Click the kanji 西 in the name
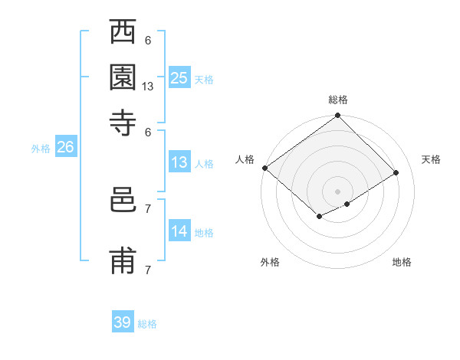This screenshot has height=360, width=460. point(123,34)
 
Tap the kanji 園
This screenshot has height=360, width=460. point(123,77)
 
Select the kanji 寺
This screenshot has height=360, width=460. point(123,122)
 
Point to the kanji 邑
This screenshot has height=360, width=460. point(123,201)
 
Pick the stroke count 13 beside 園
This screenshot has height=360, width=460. point(148,87)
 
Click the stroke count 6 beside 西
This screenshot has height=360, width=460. point(148,40)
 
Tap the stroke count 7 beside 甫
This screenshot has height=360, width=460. point(148,269)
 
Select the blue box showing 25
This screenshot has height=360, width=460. point(179,77)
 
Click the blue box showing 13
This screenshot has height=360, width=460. point(179,162)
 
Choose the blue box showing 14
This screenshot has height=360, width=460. point(179,231)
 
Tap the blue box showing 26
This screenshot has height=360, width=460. point(65,148)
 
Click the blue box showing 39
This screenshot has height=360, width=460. point(123,322)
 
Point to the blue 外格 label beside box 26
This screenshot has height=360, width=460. point(41,149)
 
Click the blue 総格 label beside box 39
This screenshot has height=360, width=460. point(147,324)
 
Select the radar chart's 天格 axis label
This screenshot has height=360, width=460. point(431,159)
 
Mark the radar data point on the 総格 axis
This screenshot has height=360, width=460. point(337,116)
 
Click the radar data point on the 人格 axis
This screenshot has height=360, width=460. point(264,168)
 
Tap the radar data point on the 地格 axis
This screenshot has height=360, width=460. point(347,204)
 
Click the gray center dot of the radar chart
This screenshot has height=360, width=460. point(337,191)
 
